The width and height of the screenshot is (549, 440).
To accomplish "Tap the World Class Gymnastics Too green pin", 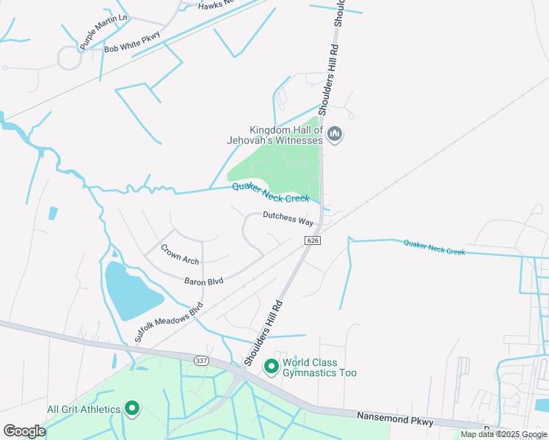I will point(271,365).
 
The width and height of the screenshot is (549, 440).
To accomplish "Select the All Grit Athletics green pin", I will point(132,408).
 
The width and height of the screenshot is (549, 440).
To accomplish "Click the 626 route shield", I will point(312,241).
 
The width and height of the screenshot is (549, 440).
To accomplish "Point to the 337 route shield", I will point(202,361).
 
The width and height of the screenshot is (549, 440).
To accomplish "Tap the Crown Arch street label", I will point(179,254).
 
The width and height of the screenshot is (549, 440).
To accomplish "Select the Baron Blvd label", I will point(203,281).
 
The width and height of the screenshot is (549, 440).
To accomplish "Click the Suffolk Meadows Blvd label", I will point(169,323).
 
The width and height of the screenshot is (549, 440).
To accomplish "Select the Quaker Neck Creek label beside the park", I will point(271,192).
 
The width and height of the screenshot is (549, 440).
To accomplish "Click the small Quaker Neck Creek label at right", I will point(434,247).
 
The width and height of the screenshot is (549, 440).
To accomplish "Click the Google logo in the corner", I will point(24,431).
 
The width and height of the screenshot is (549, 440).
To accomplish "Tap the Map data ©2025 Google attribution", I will point(503,434).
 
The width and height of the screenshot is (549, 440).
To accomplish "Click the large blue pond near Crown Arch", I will point(132,290).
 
